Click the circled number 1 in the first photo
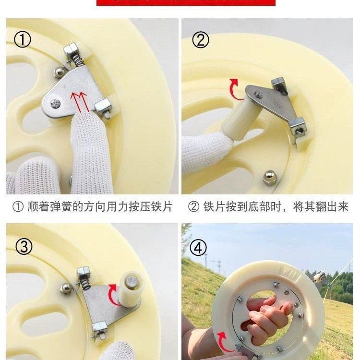tap(22, 40)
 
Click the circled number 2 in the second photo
tap(201, 40)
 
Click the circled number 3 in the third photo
tap(24, 246)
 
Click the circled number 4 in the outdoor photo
tap(198, 248)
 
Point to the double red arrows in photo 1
tap(80, 102)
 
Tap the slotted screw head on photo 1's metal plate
tap(55, 104)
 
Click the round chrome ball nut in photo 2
tap(269, 177)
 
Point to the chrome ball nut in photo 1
tap(59, 72)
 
